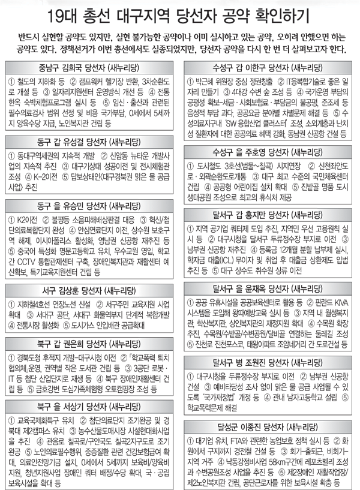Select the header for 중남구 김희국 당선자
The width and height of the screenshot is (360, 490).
(x=90, y=67)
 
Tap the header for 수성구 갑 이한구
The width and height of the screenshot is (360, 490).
(x=269, y=67)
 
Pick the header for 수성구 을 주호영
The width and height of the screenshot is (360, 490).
(x=269, y=150)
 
